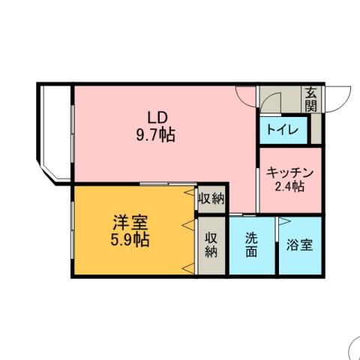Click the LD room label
tap(156, 118)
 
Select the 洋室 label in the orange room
tap(130, 223)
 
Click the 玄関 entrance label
tap(311, 100)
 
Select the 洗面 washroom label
tap(252, 244)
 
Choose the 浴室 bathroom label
tap(301, 245)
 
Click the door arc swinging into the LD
tap(247, 96)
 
